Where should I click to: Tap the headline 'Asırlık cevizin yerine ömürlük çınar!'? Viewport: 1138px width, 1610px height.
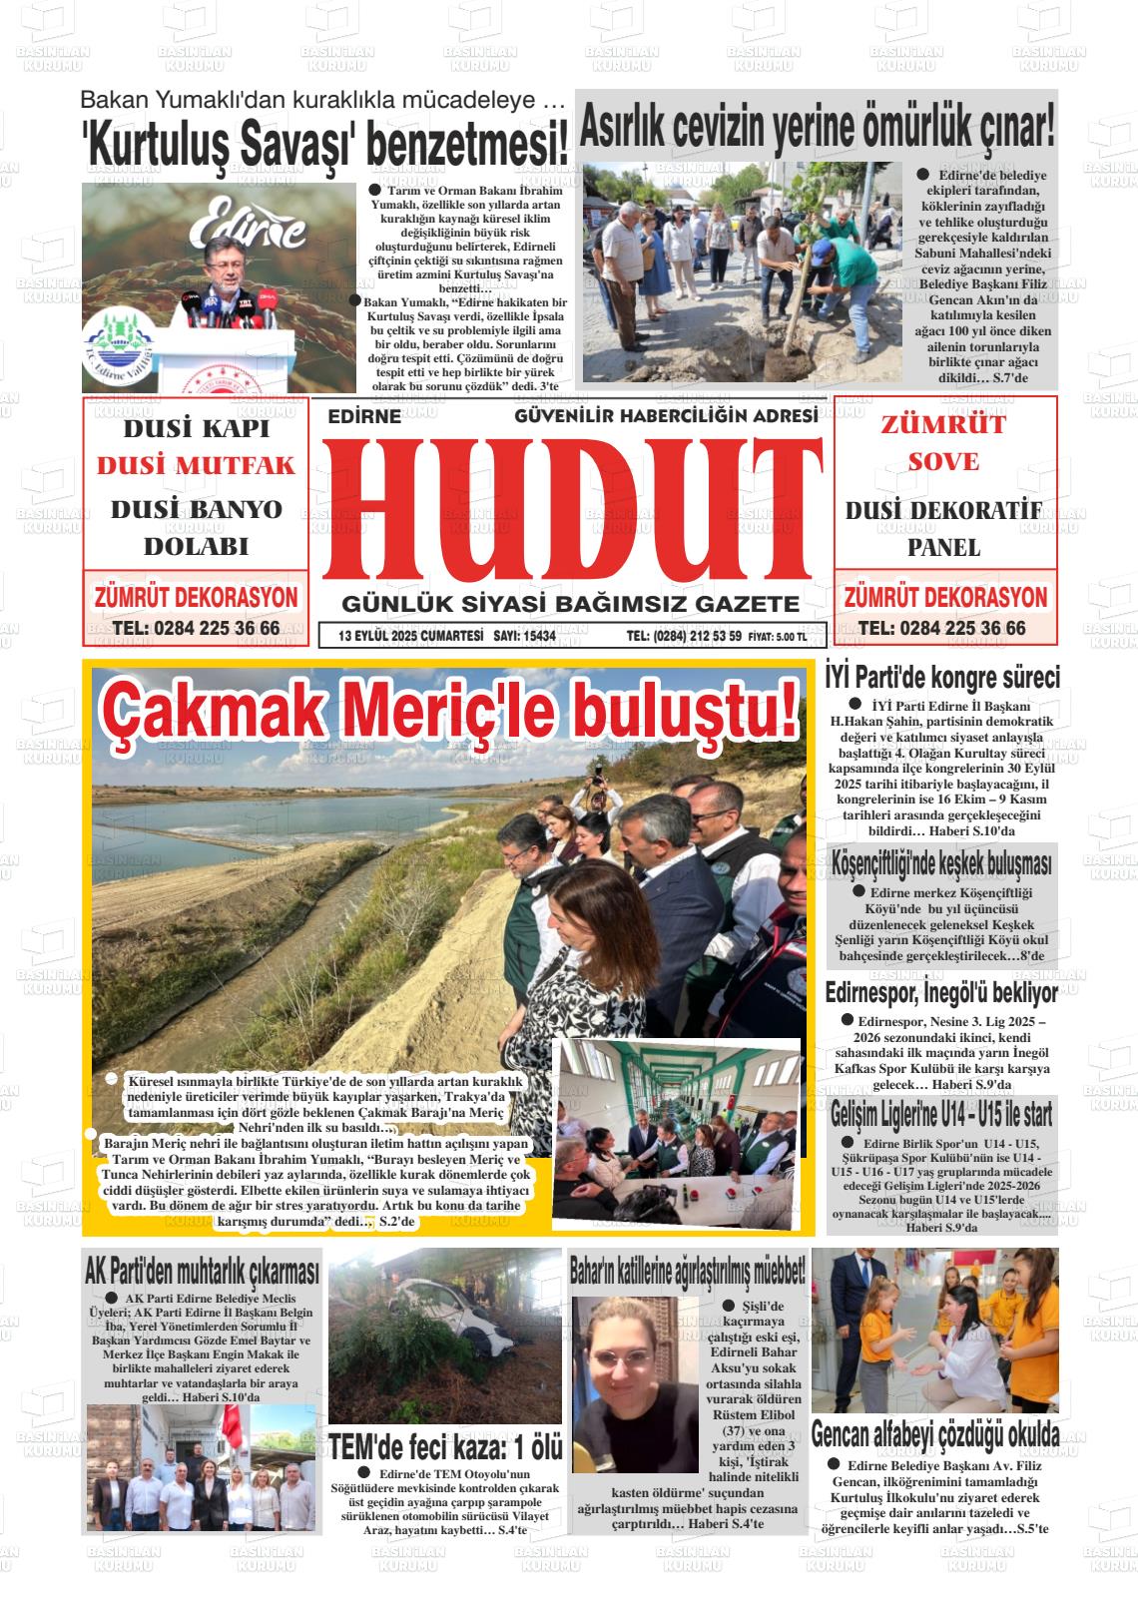pos(817,127)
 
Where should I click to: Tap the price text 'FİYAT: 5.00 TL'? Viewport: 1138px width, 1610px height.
pos(777,637)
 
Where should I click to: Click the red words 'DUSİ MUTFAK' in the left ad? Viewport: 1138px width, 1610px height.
pos(196,466)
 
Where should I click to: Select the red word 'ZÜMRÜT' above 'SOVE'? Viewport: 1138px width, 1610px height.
pos(942,424)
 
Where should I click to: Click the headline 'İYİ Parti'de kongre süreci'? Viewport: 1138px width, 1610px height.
pos(941,678)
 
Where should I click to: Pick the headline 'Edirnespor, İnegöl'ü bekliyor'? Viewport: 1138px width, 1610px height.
pos(940,993)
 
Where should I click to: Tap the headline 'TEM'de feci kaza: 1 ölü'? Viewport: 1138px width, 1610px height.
pos(446,1446)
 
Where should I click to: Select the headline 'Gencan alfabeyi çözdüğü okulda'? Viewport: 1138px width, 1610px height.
pos(935,1434)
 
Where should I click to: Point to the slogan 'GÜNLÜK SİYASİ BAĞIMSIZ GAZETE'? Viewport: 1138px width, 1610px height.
pos(570,604)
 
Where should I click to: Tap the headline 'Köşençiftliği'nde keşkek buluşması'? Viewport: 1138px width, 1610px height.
pos(940,863)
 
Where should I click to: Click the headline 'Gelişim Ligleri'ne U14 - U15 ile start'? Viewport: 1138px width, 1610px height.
pos(940,1114)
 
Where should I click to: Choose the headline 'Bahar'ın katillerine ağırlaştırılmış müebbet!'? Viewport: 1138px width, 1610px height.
pos(687,1273)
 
